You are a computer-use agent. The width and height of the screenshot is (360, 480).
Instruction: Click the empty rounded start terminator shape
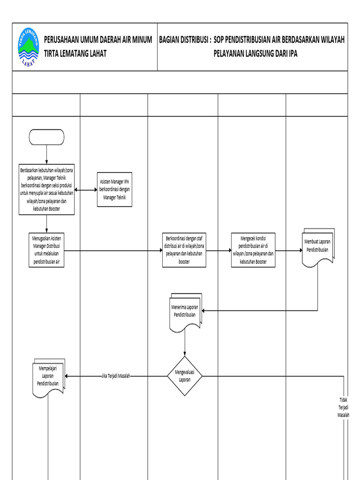pyautogui.click(x=46, y=137)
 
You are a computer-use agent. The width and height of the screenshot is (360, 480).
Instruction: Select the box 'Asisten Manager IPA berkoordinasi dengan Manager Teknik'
pyautogui.click(x=115, y=190)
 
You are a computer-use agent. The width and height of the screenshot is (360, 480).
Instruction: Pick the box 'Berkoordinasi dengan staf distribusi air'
pyautogui.click(x=184, y=250)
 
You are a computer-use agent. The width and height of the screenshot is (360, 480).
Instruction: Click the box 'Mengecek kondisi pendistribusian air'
pyautogui.click(x=253, y=250)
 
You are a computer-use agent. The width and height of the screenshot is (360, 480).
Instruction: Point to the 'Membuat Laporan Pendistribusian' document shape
pyautogui.click(x=318, y=247)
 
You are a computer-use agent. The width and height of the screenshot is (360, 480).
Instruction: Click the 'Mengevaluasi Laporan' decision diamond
pyautogui.click(x=185, y=376)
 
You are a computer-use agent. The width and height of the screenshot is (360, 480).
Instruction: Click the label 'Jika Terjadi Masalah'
pyautogui.click(x=115, y=376)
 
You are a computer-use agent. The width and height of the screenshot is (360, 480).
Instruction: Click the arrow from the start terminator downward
pyautogui.click(x=46, y=154)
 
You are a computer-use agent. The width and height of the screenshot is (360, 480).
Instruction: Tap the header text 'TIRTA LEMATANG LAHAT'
pyautogui.click(x=75, y=53)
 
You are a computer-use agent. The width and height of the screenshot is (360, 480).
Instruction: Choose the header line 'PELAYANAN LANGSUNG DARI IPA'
pyautogui.click(x=255, y=53)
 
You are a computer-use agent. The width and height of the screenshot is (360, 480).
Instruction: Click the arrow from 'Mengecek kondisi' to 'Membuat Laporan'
pyautogui.click(x=288, y=250)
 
